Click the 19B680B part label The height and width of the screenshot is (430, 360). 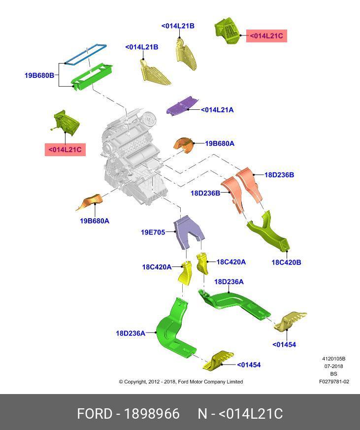(x=39, y=75)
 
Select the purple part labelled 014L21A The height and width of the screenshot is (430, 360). (x=183, y=105)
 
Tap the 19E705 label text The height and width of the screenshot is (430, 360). (x=153, y=232)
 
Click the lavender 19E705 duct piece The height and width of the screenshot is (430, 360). (x=189, y=232)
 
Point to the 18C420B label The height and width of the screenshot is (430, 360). (x=286, y=263)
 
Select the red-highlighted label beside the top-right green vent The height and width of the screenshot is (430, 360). (x=266, y=36)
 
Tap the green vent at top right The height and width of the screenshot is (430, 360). (x=227, y=31)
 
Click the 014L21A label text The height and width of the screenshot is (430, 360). (x=217, y=110)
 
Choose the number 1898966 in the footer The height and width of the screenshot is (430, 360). (x=152, y=414)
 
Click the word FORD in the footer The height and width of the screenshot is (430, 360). (x=95, y=414)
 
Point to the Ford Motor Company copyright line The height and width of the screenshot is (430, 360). (x=181, y=382)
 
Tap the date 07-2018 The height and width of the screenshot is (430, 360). (x=334, y=366)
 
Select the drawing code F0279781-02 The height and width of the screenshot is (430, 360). (x=334, y=382)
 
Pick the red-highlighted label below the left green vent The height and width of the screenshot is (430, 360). (x=65, y=150)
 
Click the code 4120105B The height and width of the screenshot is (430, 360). (x=334, y=359)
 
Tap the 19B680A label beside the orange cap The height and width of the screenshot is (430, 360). (x=220, y=143)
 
